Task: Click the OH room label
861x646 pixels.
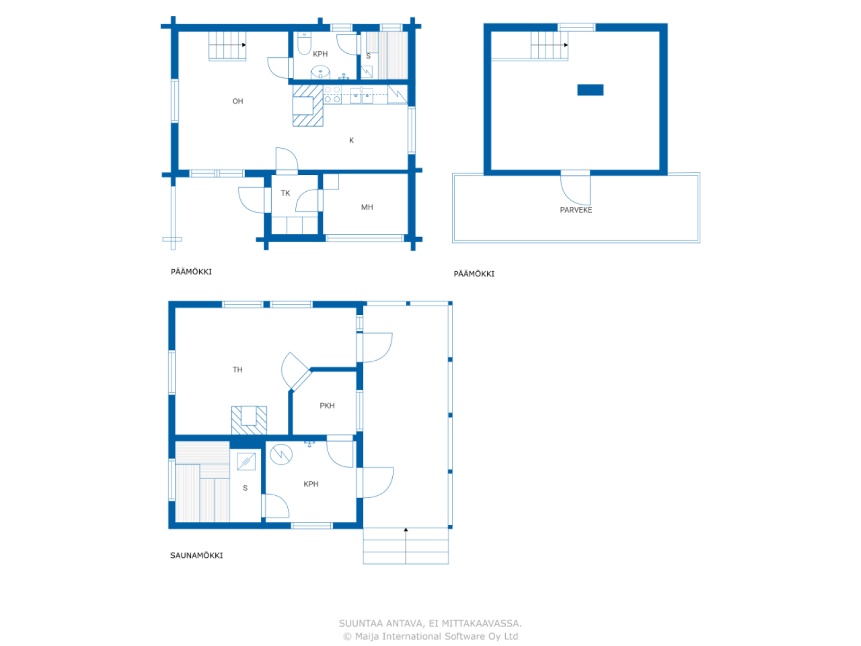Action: (237, 101)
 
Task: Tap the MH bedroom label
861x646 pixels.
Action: (367, 207)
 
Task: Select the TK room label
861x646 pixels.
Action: (285, 193)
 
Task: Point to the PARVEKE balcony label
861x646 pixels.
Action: (575, 210)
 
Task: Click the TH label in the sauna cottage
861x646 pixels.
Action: (237, 369)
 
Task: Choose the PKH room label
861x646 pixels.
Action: (327, 406)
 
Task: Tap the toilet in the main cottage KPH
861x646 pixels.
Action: (304, 44)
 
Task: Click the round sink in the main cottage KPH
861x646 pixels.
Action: (320, 73)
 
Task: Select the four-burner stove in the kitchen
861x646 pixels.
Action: (332, 95)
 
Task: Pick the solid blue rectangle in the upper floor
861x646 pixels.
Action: (590, 89)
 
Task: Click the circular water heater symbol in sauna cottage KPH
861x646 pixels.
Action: (281, 454)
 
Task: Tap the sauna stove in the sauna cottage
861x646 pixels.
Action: (246, 461)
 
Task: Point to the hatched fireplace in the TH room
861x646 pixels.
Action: (249, 420)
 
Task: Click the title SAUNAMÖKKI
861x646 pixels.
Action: (196, 555)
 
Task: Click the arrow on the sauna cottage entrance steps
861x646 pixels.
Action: (406, 546)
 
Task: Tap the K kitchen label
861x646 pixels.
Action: (351, 140)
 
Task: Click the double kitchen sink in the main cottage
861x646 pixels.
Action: (361, 96)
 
